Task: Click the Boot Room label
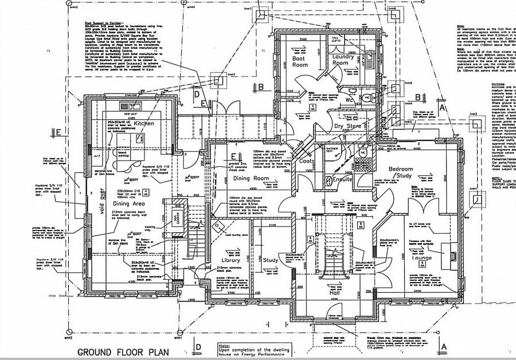pyautogui.click(x=300, y=61)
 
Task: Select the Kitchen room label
pyautogui.click(x=144, y=123)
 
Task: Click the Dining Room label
pyautogui.click(x=251, y=179)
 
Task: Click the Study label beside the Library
pyautogui.click(x=270, y=260)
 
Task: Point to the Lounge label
pyautogui.click(x=421, y=258)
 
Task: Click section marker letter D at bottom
pyautogui.click(x=198, y=347)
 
